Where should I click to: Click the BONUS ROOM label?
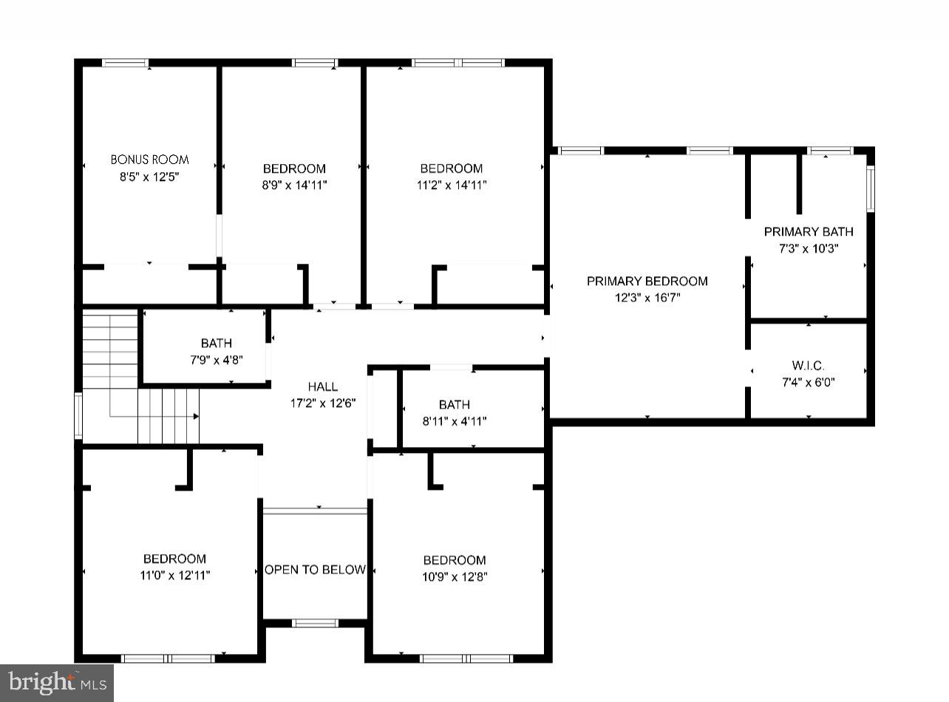pyautogui.click(x=149, y=160)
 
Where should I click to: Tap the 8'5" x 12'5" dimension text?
pyautogui.click(x=149, y=177)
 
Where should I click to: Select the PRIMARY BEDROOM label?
pyautogui.click(x=647, y=281)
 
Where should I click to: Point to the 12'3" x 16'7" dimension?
pyautogui.click(x=647, y=298)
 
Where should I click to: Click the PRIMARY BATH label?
pyautogui.click(x=808, y=232)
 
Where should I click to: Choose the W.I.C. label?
pyautogui.click(x=808, y=366)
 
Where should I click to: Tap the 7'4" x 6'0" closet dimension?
pyautogui.click(x=808, y=382)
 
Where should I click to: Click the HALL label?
pyautogui.click(x=323, y=386)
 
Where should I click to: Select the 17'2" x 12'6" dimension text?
pyautogui.click(x=323, y=403)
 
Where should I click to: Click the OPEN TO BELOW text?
pyautogui.click(x=315, y=570)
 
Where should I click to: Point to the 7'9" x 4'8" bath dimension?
pyautogui.click(x=216, y=360)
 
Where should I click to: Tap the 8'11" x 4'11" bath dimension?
pyautogui.click(x=454, y=421)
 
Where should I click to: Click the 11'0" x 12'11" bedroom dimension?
pyautogui.click(x=174, y=576)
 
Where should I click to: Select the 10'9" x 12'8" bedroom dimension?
pyautogui.click(x=454, y=577)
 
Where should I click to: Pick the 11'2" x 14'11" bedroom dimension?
pyautogui.click(x=451, y=185)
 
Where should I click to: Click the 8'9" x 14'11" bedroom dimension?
pyautogui.click(x=294, y=185)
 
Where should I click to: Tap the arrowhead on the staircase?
pyautogui.click(x=196, y=417)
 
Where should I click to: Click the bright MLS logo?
pyautogui.click(x=57, y=683)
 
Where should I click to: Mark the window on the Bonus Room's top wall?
pyautogui.click(x=125, y=63)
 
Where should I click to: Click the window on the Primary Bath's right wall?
pyautogui.click(x=870, y=189)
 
